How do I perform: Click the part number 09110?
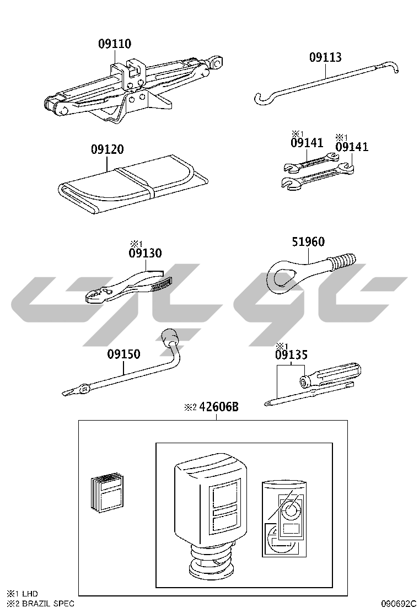click(x=115, y=44)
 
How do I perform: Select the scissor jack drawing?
click(x=133, y=89)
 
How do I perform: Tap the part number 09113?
click(x=325, y=57)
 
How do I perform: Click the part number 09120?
click(x=107, y=149)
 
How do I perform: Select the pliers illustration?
click(x=129, y=287)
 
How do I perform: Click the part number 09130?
click(x=145, y=253)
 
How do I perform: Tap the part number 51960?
click(x=308, y=241)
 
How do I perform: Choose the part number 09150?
click(x=123, y=354)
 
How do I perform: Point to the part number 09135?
click(x=291, y=355)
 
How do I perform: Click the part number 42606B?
click(x=219, y=407)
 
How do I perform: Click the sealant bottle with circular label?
click(x=284, y=519)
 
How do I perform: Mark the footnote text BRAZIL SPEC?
click(x=47, y=604)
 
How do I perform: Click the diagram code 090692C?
click(x=399, y=604)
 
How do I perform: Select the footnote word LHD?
click(x=30, y=594)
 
